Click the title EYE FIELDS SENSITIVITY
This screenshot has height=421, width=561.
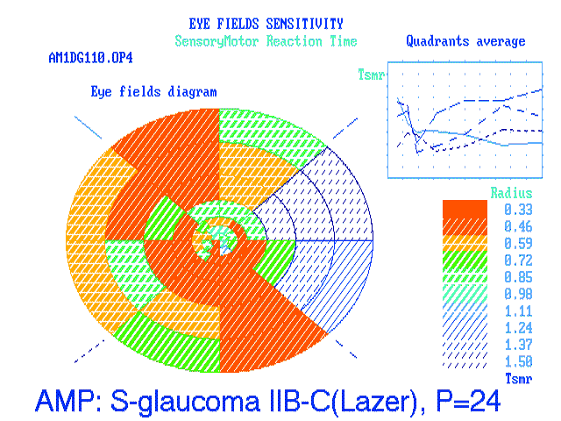[266, 24]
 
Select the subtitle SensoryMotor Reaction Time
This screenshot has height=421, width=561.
[266, 41]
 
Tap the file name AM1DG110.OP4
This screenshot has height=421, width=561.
[90, 58]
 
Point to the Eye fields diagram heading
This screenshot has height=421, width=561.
[153, 91]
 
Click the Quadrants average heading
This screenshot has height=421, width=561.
[465, 41]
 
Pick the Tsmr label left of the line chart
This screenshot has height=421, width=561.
[371, 75]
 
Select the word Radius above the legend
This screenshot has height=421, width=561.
[511, 193]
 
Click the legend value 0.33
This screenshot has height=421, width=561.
[518, 210]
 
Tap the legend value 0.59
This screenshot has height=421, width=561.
[518, 244]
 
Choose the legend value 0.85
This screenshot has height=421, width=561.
[518, 277]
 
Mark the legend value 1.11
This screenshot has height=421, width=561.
[518, 311]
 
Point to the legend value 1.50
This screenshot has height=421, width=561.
[518, 361]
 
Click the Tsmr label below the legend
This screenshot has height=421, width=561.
[518, 378]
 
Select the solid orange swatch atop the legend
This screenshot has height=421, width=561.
[465, 209]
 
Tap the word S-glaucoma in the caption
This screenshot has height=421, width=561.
[185, 401]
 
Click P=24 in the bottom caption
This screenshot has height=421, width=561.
[468, 401]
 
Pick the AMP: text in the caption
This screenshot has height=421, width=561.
[69, 401]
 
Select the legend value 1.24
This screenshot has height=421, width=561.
[518, 328]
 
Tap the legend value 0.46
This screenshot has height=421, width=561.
[518, 226]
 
